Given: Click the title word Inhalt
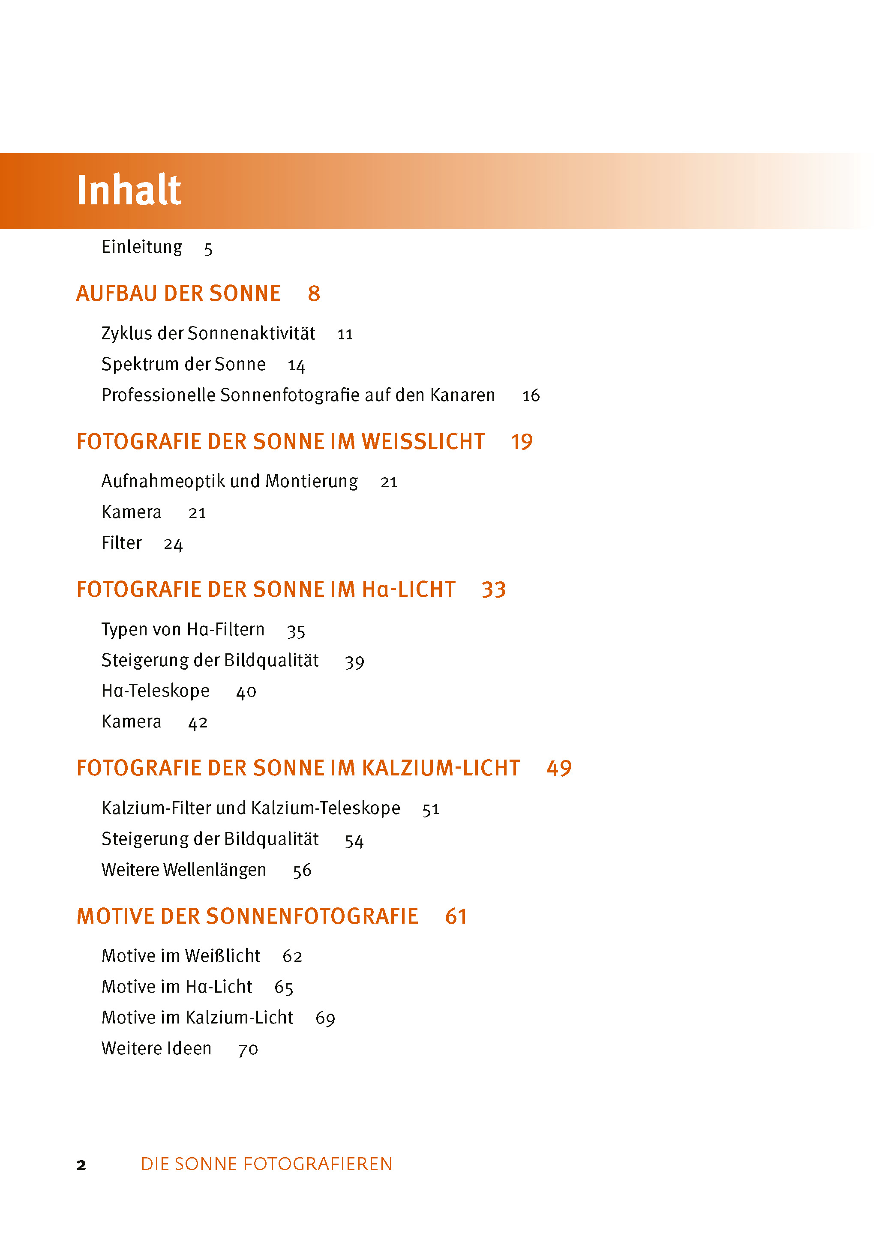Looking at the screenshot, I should point(129,190).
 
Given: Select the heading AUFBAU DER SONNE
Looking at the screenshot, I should point(178,293).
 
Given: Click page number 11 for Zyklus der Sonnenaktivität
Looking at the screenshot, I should point(345,335).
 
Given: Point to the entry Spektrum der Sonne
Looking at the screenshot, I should point(183,364).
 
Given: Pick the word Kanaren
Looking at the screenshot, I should point(462,395).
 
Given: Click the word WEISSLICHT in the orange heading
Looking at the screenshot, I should point(423,442).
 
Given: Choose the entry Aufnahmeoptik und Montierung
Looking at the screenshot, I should point(229,481).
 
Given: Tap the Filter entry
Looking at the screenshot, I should point(121,543).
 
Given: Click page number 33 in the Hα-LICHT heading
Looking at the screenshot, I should point(493,590).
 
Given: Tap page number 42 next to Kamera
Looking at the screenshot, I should point(198,723).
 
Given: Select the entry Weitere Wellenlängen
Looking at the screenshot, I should point(183,870).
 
